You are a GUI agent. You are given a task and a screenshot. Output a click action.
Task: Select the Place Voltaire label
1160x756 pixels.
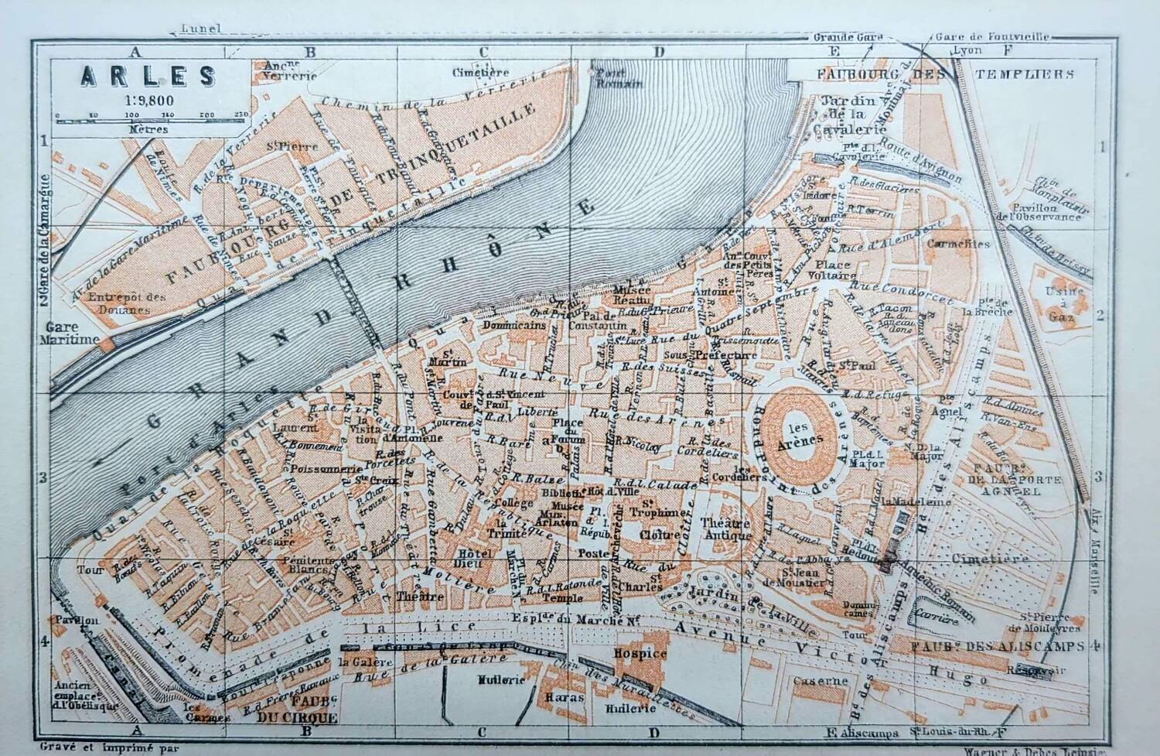[x=831, y=269]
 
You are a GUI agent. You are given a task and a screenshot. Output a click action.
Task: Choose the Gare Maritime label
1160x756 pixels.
[x=72, y=333]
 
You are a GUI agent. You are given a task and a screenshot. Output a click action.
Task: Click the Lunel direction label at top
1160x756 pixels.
[x=200, y=29]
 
